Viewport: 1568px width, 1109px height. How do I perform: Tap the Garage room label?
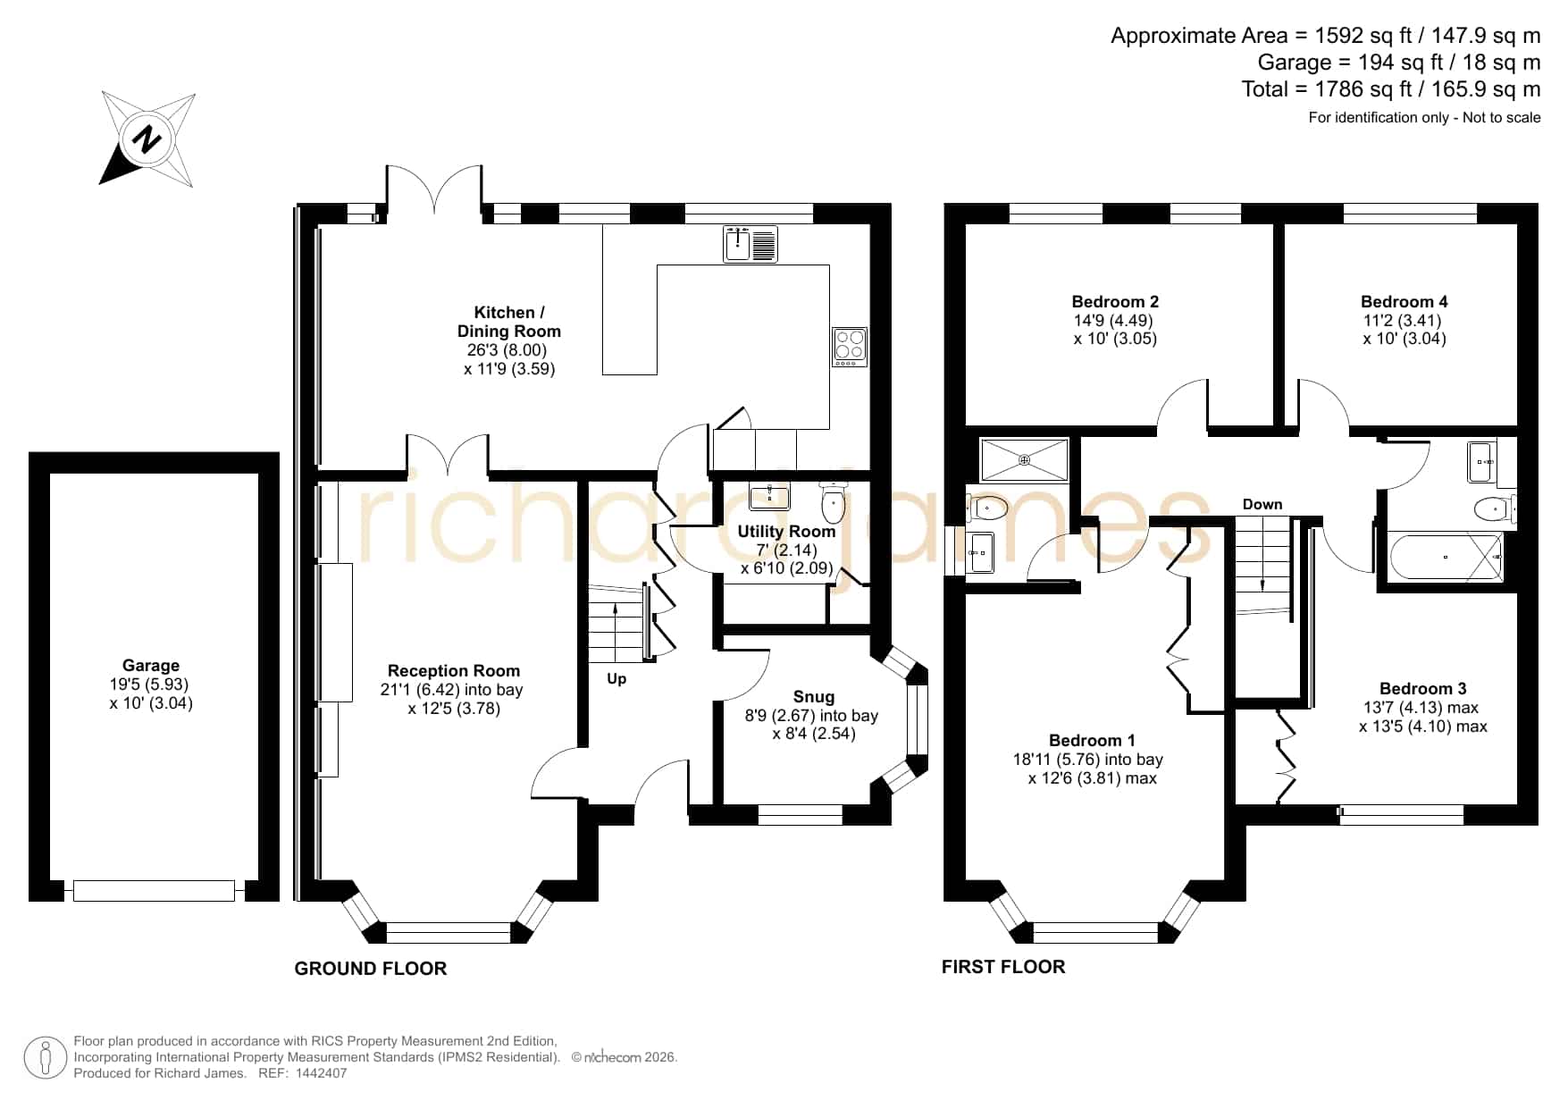coord(151,666)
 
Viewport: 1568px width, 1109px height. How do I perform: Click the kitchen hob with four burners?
coord(850,347)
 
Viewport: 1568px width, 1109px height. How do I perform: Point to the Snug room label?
coord(814,697)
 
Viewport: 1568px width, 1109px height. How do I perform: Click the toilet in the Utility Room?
coord(833,503)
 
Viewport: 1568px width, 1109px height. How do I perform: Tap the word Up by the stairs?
coord(616,679)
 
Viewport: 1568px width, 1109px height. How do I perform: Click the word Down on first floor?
coord(1262,505)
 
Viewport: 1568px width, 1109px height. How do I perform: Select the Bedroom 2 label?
coord(1115,302)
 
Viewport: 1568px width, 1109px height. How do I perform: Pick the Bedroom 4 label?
coord(1404,302)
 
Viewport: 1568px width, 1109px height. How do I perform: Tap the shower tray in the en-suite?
coord(1024,460)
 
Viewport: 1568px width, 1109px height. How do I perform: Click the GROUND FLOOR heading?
coord(371,969)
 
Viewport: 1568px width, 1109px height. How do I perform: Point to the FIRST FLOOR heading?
coord(1003,967)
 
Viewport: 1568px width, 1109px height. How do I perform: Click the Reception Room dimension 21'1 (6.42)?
coord(419,690)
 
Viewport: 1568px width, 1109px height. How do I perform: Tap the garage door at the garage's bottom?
coord(154,890)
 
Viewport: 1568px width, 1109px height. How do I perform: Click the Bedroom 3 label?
coord(1423,689)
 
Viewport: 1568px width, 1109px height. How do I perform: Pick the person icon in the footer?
coord(46,1058)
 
